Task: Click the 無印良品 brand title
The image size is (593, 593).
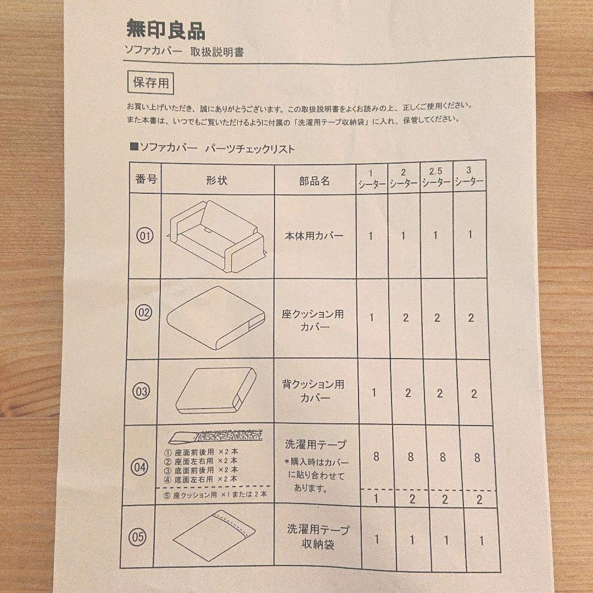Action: [x=165, y=30]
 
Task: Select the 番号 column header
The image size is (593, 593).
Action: [x=146, y=180]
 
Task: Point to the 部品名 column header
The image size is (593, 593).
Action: [x=315, y=181]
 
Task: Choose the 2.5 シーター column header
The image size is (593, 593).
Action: [x=437, y=177]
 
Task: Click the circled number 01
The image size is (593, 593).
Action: [x=145, y=236]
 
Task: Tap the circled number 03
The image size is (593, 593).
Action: [x=142, y=391]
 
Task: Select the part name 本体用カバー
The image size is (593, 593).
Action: [x=314, y=236]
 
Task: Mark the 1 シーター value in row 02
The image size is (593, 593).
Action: [x=372, y=318]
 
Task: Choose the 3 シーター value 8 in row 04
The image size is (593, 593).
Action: [x=477, y=457]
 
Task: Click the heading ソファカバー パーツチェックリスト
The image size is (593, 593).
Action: [x=212, y=148]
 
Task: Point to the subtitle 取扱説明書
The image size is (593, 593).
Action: [x=217, y=53]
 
